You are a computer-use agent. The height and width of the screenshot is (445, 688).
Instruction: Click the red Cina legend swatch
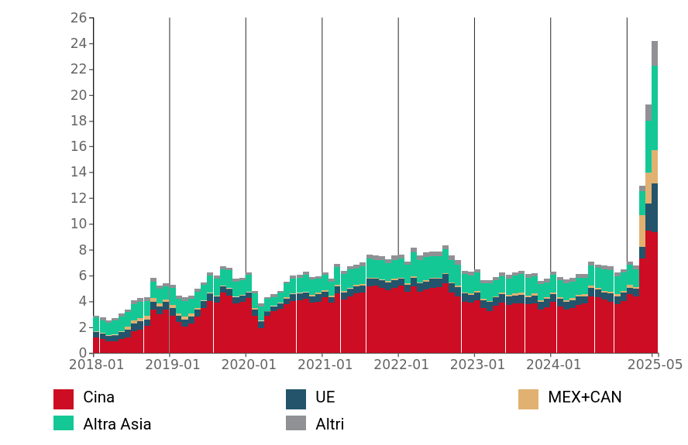point(64,399)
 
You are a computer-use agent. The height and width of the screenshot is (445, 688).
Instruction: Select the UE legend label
point(325,398)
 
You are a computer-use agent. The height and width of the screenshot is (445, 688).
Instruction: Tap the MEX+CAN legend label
point(584,398)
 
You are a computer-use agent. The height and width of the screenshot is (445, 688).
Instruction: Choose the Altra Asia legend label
point(117,424)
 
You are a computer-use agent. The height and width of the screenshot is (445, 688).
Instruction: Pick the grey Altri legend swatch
point(296,423)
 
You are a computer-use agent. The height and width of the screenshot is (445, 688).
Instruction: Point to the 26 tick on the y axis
point(77,18)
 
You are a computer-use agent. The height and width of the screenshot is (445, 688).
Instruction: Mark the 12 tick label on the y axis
point(77,198)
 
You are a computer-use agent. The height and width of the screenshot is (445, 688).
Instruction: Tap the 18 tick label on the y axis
point(77,121)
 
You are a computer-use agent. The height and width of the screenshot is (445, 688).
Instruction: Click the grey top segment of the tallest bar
point(655,53)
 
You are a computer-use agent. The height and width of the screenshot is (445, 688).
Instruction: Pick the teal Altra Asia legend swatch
point(64,423)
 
